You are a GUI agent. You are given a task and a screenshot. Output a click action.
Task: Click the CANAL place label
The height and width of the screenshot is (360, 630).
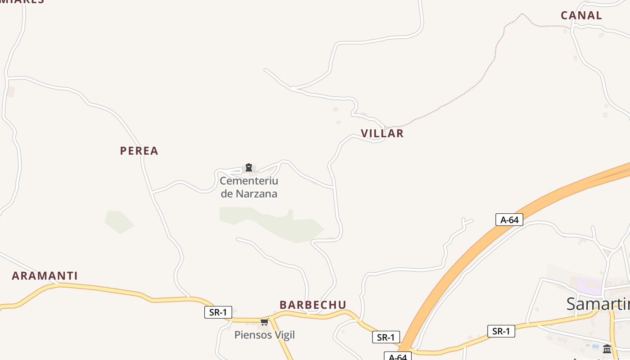coord(581,15)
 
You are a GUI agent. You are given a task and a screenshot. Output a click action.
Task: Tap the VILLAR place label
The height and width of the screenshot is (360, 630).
coord(382,133)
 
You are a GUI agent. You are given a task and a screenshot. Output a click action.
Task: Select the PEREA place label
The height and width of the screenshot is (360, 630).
coord(139,151)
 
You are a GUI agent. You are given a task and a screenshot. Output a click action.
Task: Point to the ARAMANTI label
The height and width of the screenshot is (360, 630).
coord(45,276)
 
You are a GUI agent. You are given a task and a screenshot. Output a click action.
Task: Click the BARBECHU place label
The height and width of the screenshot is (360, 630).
coord(313,305)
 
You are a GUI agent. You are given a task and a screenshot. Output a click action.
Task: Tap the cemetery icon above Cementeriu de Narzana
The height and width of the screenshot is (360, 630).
coord(248,168)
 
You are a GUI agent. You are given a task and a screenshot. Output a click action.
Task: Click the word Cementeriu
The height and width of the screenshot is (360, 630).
coord(249,181)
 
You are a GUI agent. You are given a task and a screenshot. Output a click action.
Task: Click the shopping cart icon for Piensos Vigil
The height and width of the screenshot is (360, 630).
coord(264,322)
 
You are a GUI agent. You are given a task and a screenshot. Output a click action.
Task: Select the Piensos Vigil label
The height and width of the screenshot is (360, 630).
coord(265,335)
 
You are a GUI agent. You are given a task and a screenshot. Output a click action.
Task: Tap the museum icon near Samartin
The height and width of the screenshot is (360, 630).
coord(607,349)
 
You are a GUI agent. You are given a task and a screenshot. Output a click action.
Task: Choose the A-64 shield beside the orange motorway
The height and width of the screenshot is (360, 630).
coord(509,220)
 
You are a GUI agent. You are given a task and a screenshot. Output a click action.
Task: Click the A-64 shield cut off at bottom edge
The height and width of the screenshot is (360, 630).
coord(397,356)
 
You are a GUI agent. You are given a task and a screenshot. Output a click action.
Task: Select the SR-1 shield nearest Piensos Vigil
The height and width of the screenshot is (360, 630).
coord(218,312)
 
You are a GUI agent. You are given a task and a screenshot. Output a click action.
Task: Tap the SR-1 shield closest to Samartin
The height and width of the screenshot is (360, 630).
coord(501,331)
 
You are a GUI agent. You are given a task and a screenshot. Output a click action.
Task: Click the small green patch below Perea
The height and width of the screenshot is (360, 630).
coord(119,222)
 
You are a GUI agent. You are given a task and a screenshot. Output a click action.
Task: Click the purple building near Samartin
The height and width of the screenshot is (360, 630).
coord(589,285)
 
